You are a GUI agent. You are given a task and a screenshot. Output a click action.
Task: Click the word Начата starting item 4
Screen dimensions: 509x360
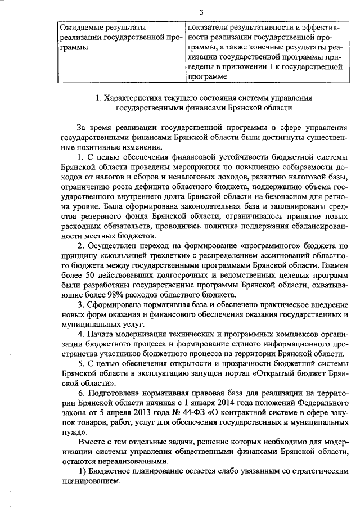coord(101,334)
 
